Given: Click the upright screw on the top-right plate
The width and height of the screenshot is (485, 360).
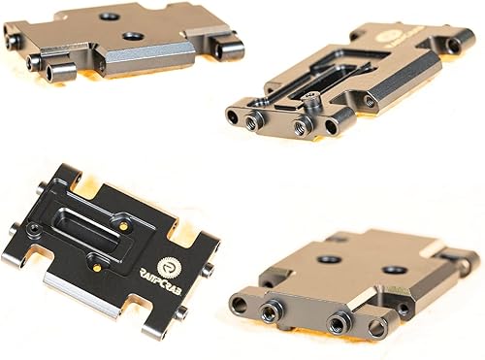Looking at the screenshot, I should [312, 98].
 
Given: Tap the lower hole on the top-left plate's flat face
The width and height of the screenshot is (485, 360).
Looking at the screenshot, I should [131, 37].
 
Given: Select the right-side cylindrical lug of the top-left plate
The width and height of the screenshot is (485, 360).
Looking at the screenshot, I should [227, 46].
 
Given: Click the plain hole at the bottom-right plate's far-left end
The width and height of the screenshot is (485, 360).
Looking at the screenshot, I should [240, 304].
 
